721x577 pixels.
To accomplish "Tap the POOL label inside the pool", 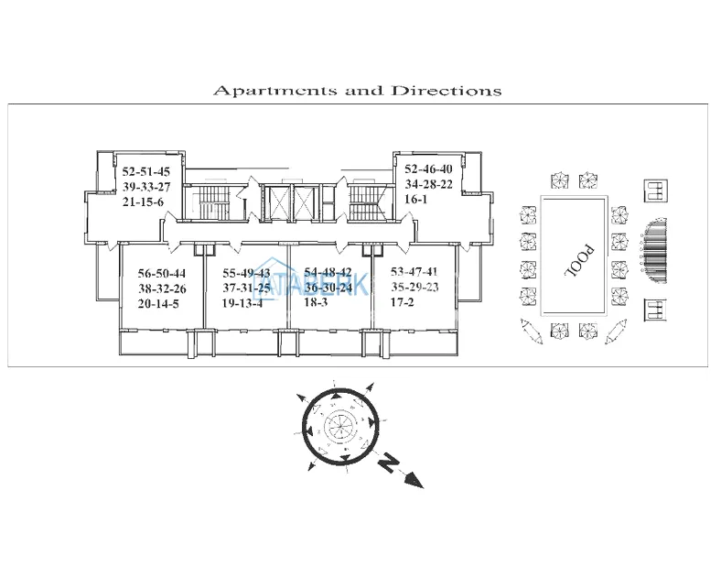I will pyautogui.click(x=574, y=261).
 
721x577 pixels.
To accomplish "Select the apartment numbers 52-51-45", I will pyautogui.click(x=146, y=170).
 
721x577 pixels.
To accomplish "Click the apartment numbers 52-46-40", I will pyautogui.click(x=428, y=169).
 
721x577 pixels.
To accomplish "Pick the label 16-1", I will pyautogui.click(x=415, y=199).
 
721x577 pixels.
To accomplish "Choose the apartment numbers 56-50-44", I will pyautogui.click(x=162, y=273).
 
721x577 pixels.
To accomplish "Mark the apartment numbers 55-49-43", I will pyautogui.click(x=246, y=273).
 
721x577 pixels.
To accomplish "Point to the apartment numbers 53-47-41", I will pyautogui.click(x=414, y=272).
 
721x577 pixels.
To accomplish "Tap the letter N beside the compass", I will pyautogui.click(x=390, y=463).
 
